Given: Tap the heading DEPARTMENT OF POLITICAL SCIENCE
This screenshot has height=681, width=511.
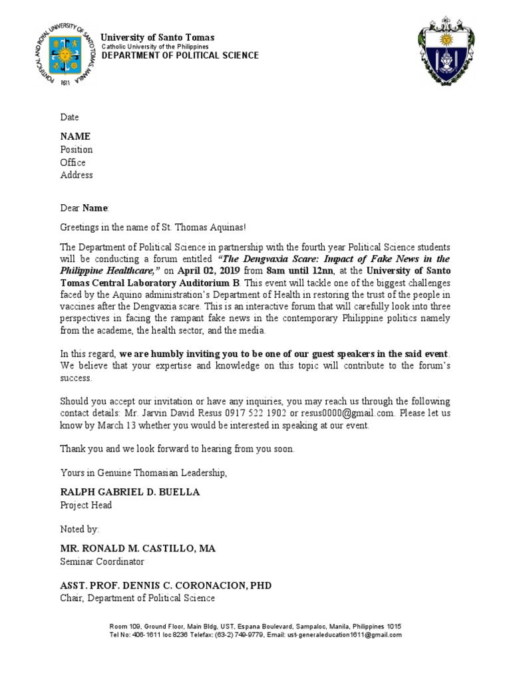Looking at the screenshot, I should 180,56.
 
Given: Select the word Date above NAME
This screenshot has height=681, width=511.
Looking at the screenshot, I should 70,117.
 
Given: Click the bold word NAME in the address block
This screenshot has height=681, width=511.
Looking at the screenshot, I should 75,136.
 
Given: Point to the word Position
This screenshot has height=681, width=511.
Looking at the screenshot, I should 77,150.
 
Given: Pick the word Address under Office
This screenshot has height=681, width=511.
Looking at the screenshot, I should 77,176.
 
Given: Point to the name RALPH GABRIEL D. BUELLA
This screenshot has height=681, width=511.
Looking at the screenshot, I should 130,492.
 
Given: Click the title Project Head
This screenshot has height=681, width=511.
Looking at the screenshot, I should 86,505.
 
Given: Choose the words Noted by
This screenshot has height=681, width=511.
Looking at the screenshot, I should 80,529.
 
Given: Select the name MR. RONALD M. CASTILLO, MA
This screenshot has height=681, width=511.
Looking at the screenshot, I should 138,549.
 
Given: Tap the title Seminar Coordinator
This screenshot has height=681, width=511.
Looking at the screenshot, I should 102,562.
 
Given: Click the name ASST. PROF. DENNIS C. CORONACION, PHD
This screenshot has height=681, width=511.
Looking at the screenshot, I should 166,585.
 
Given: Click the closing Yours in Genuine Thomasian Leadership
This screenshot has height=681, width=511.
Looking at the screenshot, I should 144,473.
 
